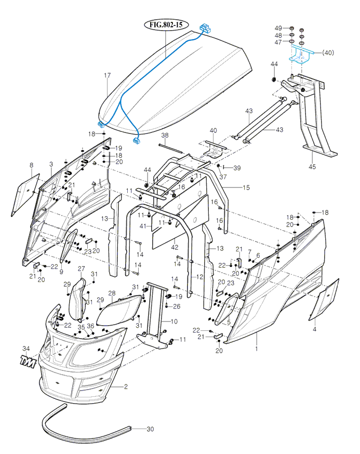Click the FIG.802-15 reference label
coord(166,25)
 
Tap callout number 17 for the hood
coord(107,76)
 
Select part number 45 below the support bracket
coord(312,167)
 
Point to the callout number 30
coord(150,429)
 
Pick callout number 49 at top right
coord(278,28)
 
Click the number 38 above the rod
coord(165,136)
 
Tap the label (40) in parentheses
coord(328,52)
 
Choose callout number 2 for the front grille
coord(125,386)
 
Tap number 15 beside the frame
coord(246,187)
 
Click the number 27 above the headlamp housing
coord(81,269)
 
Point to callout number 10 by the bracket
coord(174,322)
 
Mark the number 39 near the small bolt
coord(237,168)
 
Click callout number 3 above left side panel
coord(51,164)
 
